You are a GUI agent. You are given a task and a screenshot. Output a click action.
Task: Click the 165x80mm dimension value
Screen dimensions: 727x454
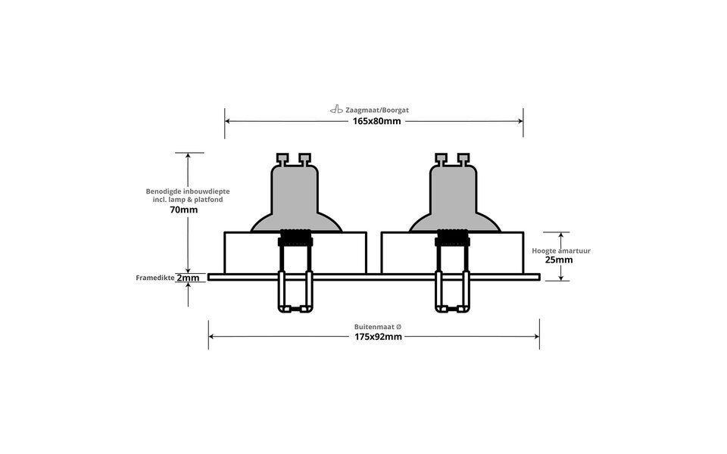376,121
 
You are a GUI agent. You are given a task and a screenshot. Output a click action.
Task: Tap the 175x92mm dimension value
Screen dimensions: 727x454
376,336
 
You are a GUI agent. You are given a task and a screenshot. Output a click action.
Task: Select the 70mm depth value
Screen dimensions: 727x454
184,210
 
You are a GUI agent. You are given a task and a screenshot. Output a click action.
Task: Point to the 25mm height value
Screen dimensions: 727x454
558,259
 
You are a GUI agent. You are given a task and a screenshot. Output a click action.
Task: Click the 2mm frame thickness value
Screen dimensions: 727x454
188,278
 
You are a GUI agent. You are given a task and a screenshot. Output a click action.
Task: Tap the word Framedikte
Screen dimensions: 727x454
154,278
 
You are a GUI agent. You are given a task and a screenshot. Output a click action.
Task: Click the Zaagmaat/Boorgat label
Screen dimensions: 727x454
377,110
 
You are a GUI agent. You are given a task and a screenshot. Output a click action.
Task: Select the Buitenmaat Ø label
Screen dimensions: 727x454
377,326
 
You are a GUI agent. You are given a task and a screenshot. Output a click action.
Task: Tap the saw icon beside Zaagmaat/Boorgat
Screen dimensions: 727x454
336,110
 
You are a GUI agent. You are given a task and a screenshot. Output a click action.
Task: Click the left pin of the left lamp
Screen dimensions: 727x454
282,159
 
